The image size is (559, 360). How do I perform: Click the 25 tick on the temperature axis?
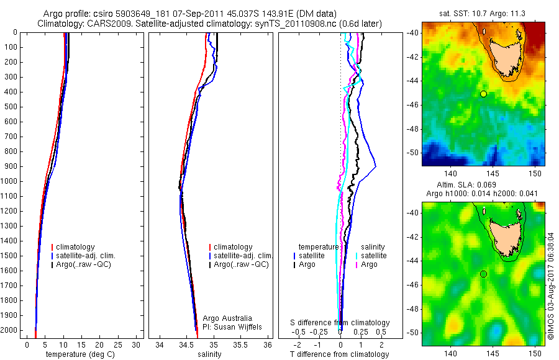tap(116, 344)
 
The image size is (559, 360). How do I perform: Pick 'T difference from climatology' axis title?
tap(340, 354)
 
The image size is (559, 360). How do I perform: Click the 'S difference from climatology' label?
tap(340, 323)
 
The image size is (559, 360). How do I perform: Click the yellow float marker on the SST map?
tap(483, 94)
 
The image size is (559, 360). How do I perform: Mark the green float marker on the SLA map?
tap(483, 274)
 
